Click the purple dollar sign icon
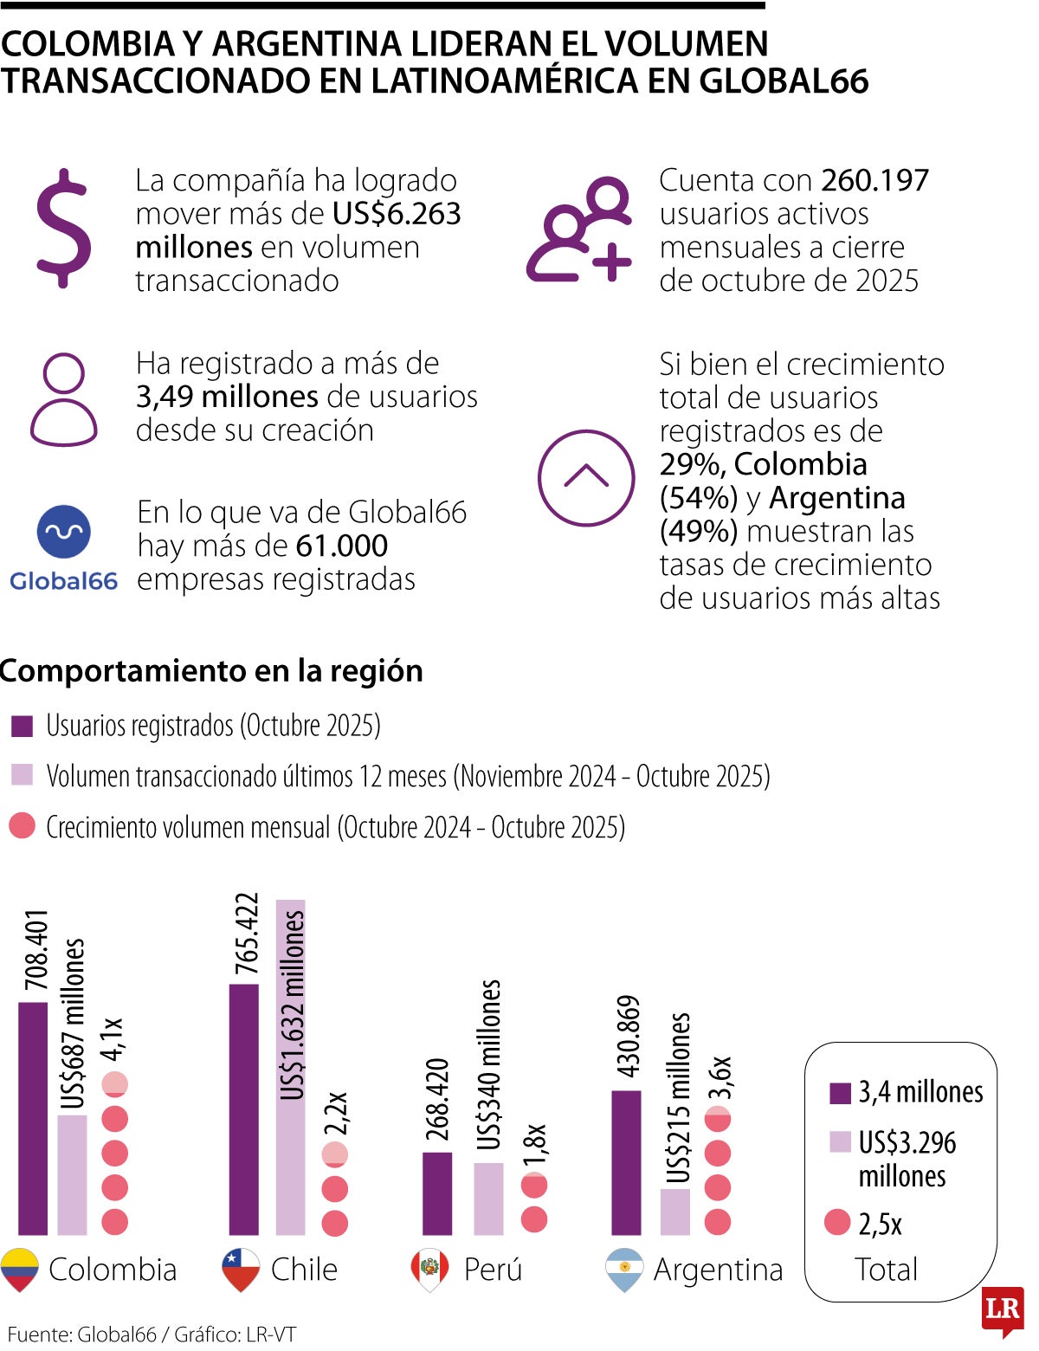(63, 229)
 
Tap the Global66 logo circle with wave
(63, 531)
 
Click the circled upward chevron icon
(586, 477)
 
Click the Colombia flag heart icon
(20, 1270)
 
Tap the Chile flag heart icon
(242, 1270)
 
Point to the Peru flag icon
(429, 1270)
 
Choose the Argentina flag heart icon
(624, 1270)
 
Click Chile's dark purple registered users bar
(244, 1109)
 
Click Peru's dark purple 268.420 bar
(437, 1193)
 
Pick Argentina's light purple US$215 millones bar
(675, 1212)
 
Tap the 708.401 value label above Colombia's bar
(36, 950)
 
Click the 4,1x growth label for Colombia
(113, 1039)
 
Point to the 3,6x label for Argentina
(722, 1077)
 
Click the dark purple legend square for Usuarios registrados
(22, 726)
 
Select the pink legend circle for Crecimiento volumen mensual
(22, 825)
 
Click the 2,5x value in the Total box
(880, 1225)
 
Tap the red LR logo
(1003, 1309)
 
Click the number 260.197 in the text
(874, 180)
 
